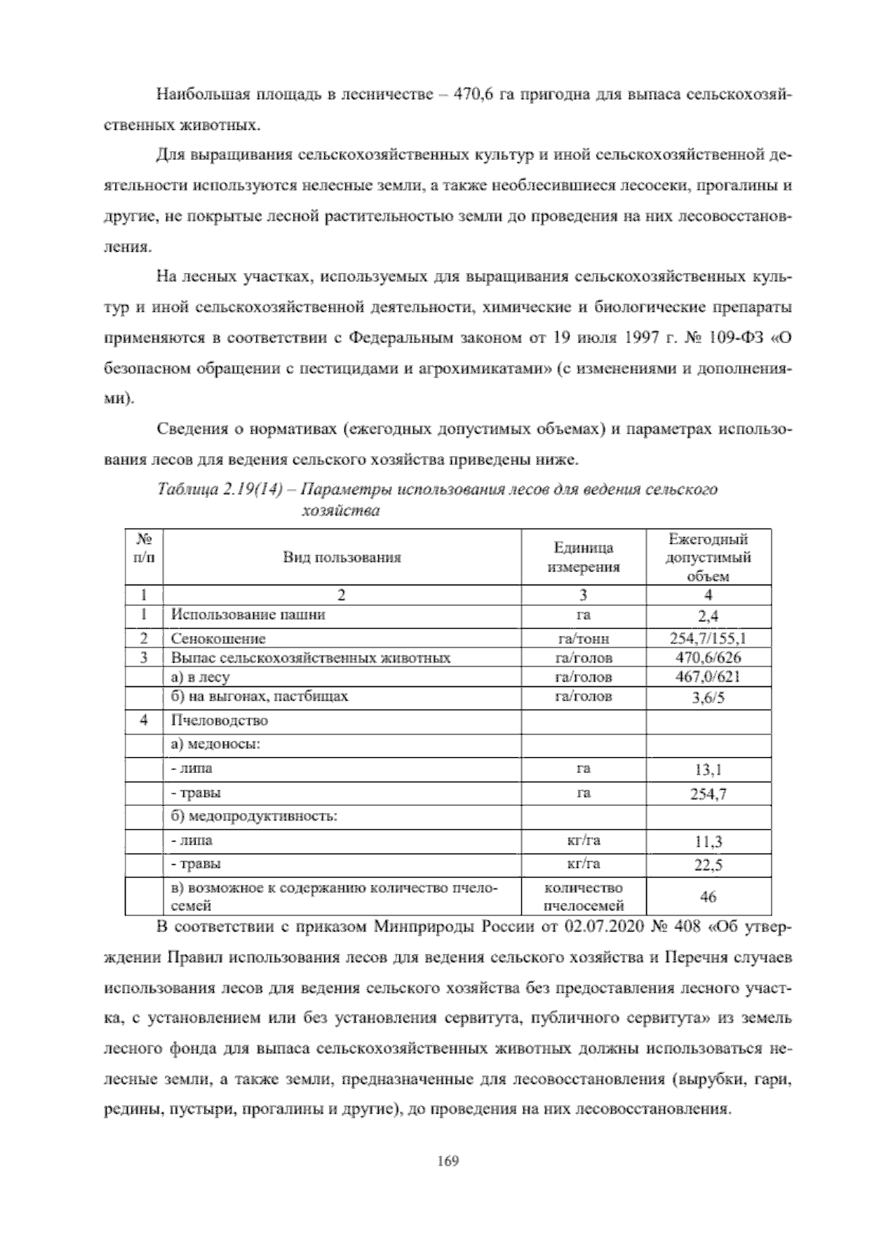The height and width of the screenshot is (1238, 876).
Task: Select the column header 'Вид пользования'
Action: (x=342, y=558)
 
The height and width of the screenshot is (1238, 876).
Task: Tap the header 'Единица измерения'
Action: (x=583, y=558)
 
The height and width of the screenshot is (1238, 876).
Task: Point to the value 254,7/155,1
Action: (x=707, y=639)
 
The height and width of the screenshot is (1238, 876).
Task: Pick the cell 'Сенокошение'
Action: (x=218, y=639)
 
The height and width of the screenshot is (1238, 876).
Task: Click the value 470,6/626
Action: (x=707, y=658)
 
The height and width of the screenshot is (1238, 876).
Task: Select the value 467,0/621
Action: (x=707, y=677)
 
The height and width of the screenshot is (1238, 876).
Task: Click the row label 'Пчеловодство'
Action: (x=219, y=720)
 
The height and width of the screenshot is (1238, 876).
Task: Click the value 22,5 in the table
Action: (x=707, y=866)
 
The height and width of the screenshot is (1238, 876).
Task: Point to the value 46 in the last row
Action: (x=707, y=897)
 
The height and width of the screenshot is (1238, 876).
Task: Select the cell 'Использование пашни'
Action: (x=247, y=615)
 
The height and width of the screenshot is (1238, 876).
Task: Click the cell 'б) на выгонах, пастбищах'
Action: (x=259, y=696)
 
